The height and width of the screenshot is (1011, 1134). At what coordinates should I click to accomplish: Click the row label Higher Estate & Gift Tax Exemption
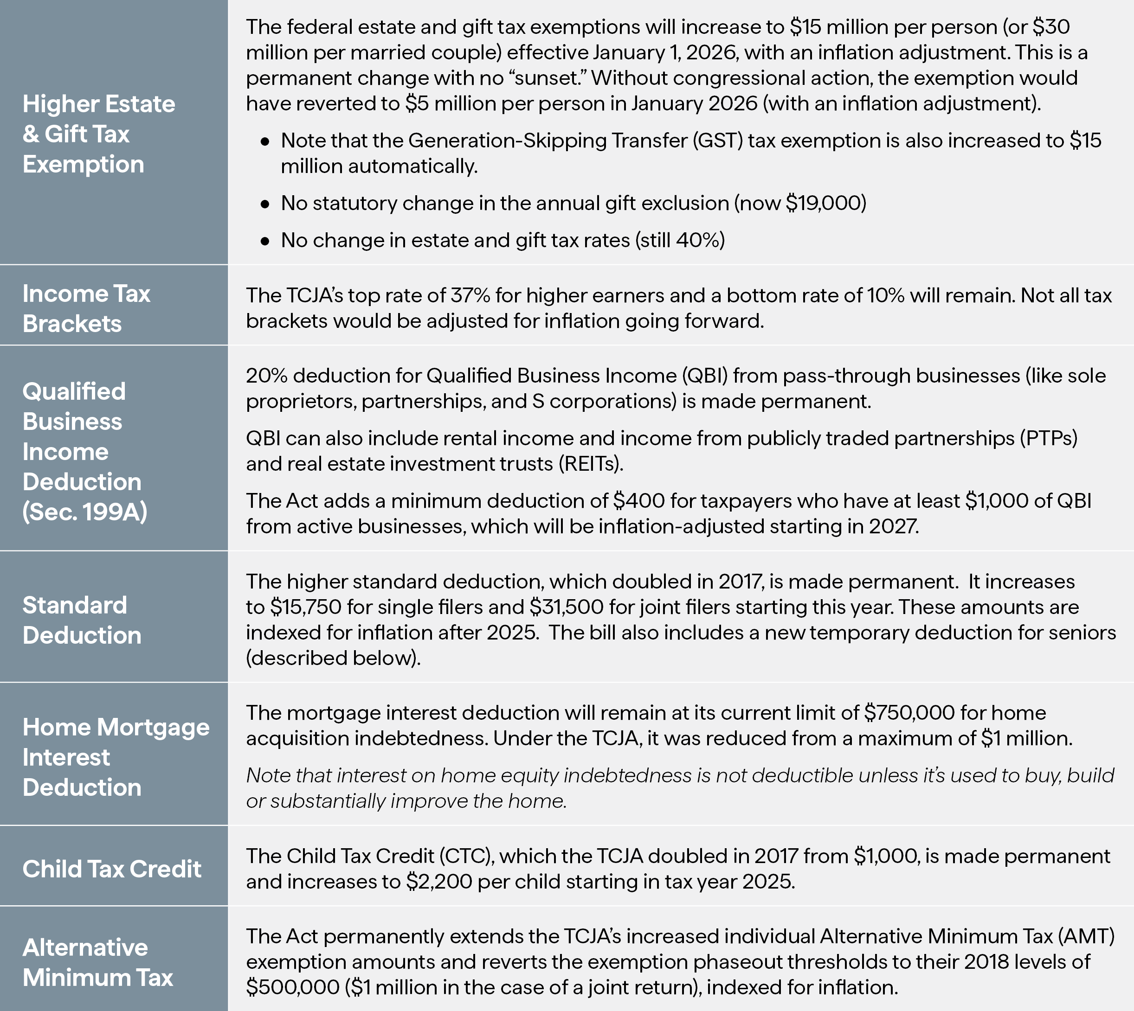tap(99, 134)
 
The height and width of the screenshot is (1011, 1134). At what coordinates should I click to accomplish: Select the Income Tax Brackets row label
tap(86, 308)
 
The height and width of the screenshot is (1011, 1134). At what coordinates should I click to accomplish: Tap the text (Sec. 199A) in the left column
tap(84, 512)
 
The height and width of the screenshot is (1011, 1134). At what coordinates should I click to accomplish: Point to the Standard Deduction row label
tap(82, 620)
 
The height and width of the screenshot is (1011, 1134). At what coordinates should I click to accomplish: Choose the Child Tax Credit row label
tap(112, 869)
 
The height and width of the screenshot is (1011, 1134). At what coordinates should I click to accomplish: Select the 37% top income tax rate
tap(470, 295)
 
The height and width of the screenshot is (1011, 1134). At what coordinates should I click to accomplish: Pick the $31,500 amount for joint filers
tap(567, 607)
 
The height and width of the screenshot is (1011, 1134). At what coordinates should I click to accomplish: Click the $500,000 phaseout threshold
tap(293, 987)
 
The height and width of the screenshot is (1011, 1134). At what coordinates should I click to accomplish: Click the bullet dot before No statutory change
tap(265, 204)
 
